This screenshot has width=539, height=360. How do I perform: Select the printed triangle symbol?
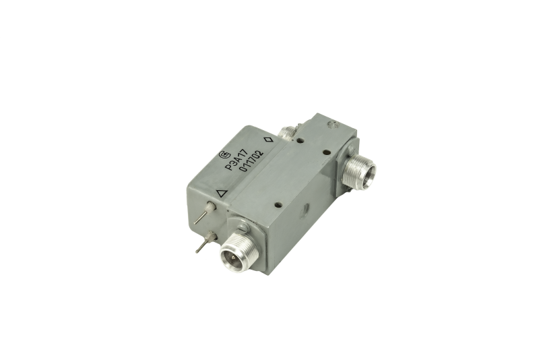[x=222, y=193]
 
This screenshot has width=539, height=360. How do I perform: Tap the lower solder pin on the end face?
[x=205, y=242]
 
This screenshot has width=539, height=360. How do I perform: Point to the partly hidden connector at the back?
[x=288, y=131]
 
